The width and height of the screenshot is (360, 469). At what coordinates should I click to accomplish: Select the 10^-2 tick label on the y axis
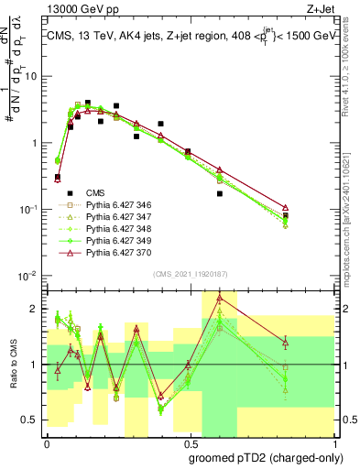(x=29, y=276)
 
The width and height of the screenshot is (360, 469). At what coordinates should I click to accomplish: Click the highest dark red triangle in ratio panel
(x=220, y=298)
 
